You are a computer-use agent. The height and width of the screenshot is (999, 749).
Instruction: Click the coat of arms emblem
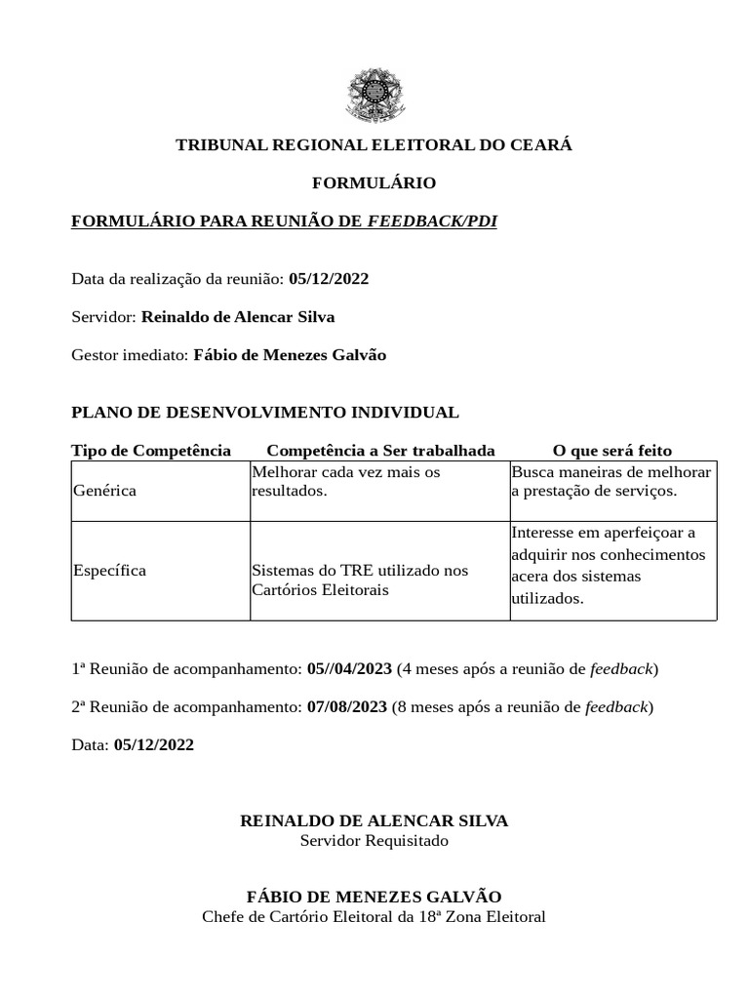coord(374,96)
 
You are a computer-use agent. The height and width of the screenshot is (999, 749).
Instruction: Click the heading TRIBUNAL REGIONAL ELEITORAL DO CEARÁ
coord(374,145)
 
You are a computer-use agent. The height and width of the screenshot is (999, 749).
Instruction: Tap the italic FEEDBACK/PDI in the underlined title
coord(432,221)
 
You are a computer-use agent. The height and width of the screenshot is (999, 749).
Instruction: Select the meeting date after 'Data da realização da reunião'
coord(329,279)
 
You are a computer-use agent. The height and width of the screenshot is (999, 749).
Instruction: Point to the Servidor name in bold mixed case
coord(238,317)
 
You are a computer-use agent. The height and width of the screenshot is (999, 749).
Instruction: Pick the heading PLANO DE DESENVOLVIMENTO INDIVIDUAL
coord(265,413)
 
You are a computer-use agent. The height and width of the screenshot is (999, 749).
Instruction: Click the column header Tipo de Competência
coord(151,451)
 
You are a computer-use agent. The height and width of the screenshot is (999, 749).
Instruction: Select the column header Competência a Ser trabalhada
coord(380,451)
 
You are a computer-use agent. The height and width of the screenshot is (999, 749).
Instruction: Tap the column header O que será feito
coord(611,451)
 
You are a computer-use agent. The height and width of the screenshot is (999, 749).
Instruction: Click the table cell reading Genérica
coord(105,491)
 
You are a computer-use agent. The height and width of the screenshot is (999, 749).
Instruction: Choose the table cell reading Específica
coord(110,571)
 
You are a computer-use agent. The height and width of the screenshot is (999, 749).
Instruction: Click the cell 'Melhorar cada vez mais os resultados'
coord(346,481)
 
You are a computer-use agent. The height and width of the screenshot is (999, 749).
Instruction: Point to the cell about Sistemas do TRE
coord(360,580)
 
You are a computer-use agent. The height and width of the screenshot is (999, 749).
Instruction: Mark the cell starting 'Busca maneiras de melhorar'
coord(611,481)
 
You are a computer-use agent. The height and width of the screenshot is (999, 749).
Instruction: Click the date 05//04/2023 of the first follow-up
coord(349,669)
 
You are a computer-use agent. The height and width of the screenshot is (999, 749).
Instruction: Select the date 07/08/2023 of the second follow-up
coord(347,707)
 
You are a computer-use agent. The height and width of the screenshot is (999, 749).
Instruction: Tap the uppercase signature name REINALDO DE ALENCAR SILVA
coord(374,821)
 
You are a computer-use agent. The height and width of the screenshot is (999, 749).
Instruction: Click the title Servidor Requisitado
coord(374,841)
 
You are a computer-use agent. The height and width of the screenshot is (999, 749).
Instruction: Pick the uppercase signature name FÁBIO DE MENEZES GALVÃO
coord(374,897)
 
